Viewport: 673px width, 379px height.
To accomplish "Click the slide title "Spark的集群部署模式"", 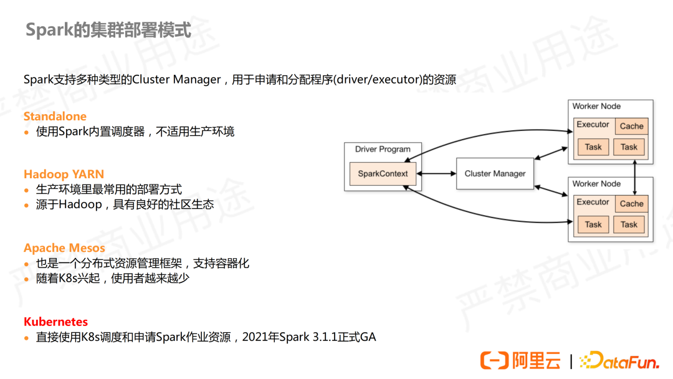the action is [108, 30].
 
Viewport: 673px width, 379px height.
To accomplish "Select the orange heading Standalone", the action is [55, 117].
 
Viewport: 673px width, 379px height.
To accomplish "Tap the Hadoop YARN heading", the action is [64, 174].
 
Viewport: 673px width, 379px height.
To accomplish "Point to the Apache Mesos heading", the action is [64, 248].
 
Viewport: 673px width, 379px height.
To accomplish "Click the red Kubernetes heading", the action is [55, 322].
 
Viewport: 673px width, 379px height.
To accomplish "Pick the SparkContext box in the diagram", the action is [383, 173].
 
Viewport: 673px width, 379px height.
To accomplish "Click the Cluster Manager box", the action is [495, 173].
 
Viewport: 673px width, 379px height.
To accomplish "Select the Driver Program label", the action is [383, 150].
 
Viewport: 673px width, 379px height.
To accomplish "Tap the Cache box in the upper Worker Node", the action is [631, 126].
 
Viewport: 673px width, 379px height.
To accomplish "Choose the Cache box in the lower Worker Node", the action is [631, 203].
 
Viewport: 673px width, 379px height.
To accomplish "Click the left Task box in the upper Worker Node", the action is [593, 147].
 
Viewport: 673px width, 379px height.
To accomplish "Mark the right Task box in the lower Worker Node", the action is [629, 224].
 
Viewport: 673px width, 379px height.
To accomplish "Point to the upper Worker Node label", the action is [596, 107].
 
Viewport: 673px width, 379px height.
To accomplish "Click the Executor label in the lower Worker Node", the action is [593, 202].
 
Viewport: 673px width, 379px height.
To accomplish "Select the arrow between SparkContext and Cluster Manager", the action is [439, 173].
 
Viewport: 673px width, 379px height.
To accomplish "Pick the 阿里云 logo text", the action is [536, 360].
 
